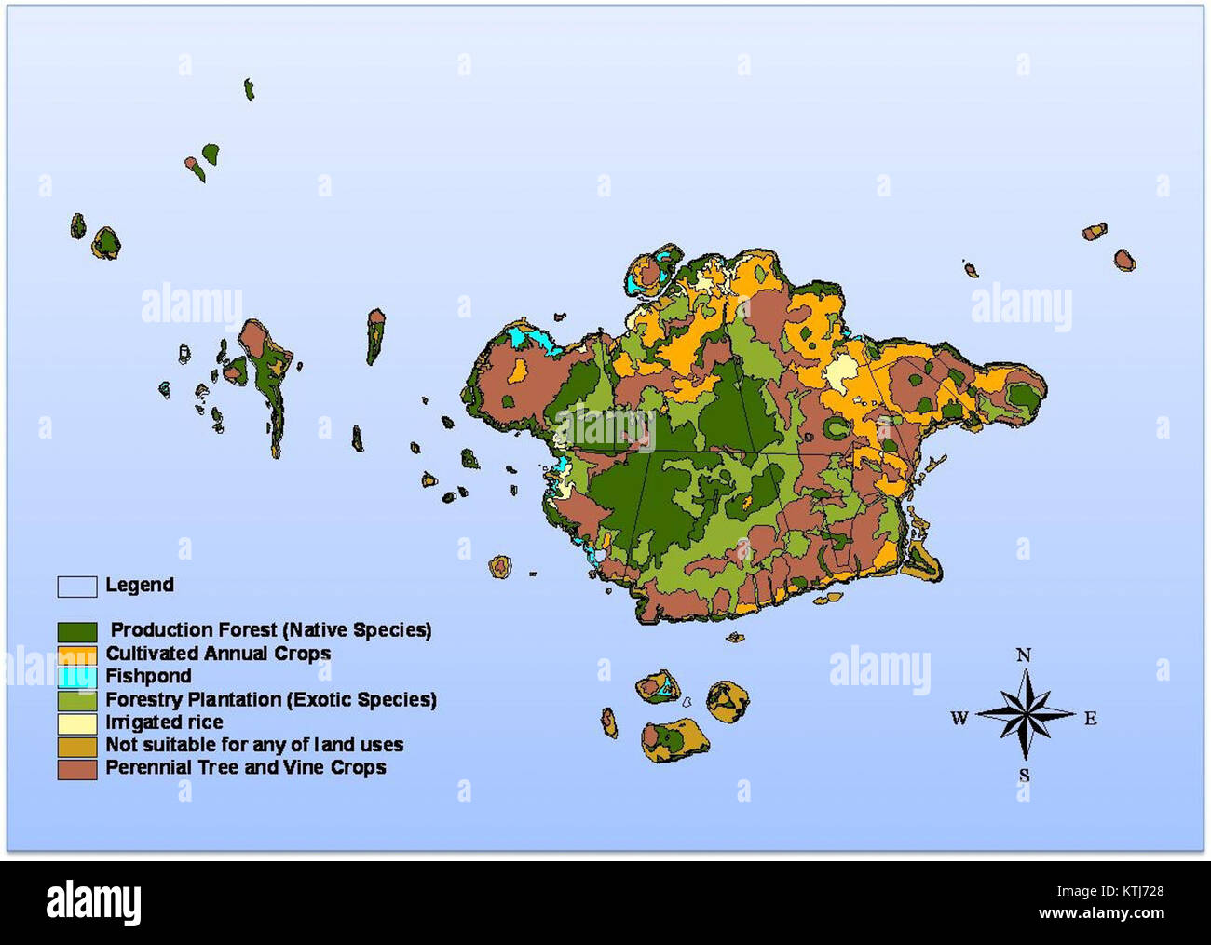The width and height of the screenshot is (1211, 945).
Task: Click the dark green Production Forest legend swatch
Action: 77,632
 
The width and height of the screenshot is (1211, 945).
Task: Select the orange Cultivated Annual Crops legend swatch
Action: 77,655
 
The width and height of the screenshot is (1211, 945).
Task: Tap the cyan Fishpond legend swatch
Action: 77,677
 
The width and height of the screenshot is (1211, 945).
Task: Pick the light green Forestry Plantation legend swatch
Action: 77,700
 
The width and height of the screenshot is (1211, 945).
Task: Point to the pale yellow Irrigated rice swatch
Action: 77,722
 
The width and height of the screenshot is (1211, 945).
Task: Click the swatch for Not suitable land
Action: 77,746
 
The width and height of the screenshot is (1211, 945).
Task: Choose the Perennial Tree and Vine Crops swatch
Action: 77,769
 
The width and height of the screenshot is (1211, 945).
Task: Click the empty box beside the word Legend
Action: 77,586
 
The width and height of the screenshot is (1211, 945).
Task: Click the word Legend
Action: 140,586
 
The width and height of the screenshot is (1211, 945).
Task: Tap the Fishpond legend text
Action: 148,677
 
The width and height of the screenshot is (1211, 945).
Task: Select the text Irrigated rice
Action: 164,722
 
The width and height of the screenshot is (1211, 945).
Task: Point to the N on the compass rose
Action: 1023,655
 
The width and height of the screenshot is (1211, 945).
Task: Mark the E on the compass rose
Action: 1090,719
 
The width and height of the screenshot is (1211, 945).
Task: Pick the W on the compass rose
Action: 959,719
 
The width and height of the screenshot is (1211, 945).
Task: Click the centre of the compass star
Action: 1024,715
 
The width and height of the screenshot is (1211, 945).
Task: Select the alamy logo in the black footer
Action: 94,902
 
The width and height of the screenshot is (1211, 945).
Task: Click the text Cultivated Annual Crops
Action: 218,655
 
